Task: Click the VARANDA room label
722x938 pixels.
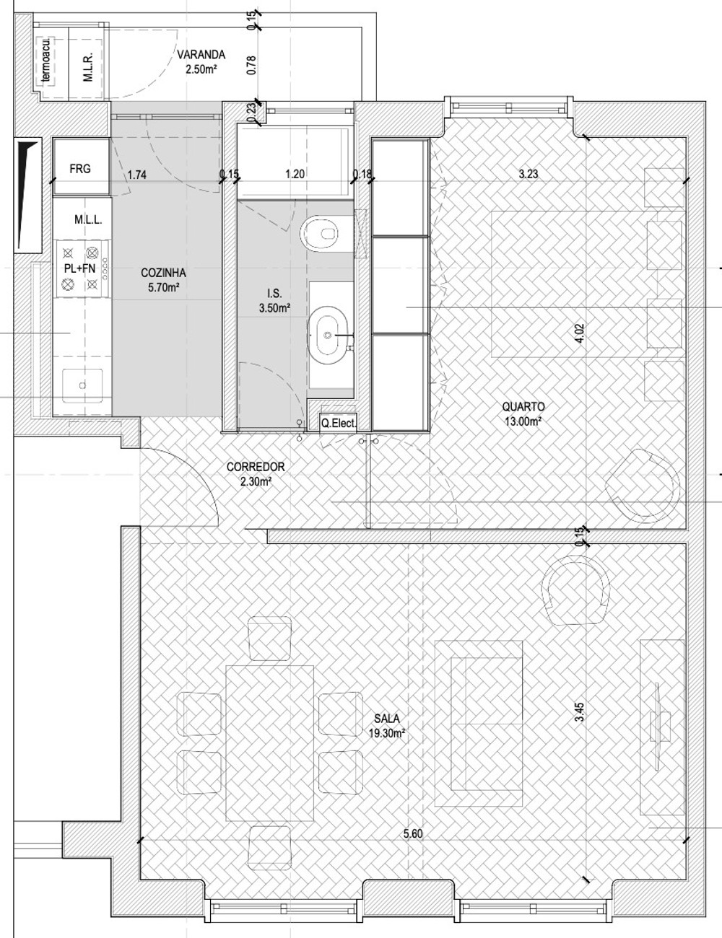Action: pos(201,56)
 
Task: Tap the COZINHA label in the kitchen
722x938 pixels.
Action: pos(163,273)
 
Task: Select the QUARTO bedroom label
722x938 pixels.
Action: pos(523,407)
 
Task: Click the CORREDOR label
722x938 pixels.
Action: pos(256,467)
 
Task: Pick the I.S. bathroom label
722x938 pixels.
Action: pos(274,294)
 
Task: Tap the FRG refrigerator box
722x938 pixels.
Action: pos(80,168)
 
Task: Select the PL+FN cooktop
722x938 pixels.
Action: pos(80,268)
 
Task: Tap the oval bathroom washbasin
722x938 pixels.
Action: pos(328,335)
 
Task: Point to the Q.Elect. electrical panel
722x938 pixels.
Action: pos(338,423)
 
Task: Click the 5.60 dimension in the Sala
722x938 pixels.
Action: pos(413,833)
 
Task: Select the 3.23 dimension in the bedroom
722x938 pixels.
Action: pos(528,174)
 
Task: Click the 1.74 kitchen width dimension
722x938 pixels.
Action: pos(137,175)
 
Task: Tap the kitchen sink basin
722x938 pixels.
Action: pos(82,385)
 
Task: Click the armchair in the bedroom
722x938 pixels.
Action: pos(643,486)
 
